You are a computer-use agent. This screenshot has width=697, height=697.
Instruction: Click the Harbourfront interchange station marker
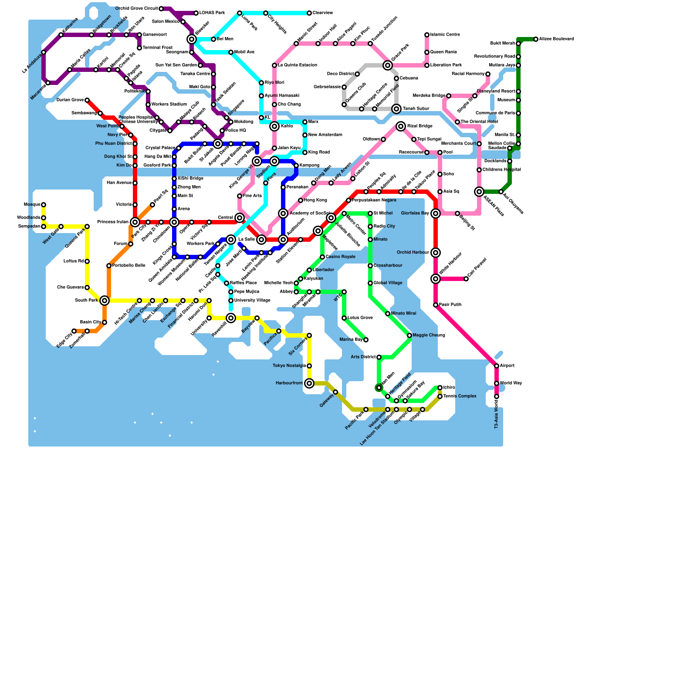(x=309, y=383)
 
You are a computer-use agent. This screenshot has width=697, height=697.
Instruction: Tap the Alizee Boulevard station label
(x=556, y=39)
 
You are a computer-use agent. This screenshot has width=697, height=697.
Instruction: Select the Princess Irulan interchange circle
(x=135, y=222)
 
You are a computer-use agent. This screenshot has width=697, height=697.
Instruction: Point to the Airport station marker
(x=497, y=366)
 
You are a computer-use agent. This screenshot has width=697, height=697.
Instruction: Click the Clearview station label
(x=323, y=13)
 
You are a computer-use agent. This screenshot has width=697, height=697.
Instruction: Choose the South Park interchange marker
(x=105, y=301)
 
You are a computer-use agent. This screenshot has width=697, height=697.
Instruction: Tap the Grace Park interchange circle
(x=388, y=65)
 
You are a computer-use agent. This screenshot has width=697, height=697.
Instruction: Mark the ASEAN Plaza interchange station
(x=479, y=192)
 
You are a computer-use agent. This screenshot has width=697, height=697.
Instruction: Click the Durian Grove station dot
(x=87, y=100)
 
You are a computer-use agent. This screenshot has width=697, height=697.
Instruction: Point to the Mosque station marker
(x=44, y=205)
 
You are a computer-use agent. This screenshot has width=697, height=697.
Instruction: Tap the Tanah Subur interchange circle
(x=396, y=109)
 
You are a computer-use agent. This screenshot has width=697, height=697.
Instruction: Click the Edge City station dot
(x=74, y=331)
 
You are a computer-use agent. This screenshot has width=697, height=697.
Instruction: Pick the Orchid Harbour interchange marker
(x=436, y=253)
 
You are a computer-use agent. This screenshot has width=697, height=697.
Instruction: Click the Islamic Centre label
(x=445, y=35)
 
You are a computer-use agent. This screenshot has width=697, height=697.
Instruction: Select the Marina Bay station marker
(x=366, y=340)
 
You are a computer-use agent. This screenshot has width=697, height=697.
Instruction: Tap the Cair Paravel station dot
(x=466, y=279)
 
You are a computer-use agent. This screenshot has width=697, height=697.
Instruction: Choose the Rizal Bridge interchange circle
(x=401, y=126)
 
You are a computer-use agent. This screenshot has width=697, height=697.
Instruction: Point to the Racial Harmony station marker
(x=488, y=74)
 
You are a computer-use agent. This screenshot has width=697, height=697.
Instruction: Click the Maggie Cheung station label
(x=429, y=335)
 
